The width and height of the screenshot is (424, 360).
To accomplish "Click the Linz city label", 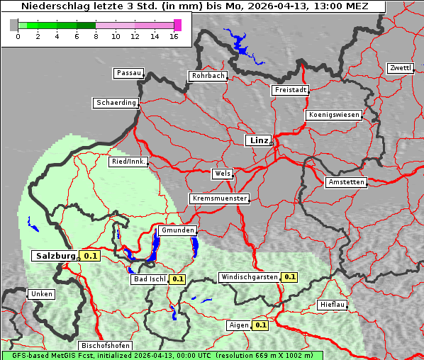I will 258,140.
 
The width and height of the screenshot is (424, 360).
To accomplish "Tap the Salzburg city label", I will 55,256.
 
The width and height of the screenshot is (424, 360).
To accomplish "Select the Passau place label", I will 128,73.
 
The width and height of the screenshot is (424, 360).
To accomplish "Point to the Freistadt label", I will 290,90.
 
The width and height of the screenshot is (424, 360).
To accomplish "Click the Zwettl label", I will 400,68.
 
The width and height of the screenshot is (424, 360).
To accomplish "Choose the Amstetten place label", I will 346,182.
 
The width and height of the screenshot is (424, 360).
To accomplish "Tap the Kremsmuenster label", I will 219,198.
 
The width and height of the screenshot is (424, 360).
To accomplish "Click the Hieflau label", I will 333,305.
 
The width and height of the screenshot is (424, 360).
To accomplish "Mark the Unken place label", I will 41,293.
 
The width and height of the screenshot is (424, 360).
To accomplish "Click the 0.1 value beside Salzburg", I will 90,256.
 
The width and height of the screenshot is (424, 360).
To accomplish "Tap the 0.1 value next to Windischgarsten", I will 289,276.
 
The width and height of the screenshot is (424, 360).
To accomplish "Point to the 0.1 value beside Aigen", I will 260,325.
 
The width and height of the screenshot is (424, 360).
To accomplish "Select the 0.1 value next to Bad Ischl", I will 177,279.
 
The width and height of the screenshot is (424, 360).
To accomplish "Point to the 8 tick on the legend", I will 96,36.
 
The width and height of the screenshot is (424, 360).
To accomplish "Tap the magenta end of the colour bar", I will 177,25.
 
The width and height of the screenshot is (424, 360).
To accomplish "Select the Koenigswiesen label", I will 334,115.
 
